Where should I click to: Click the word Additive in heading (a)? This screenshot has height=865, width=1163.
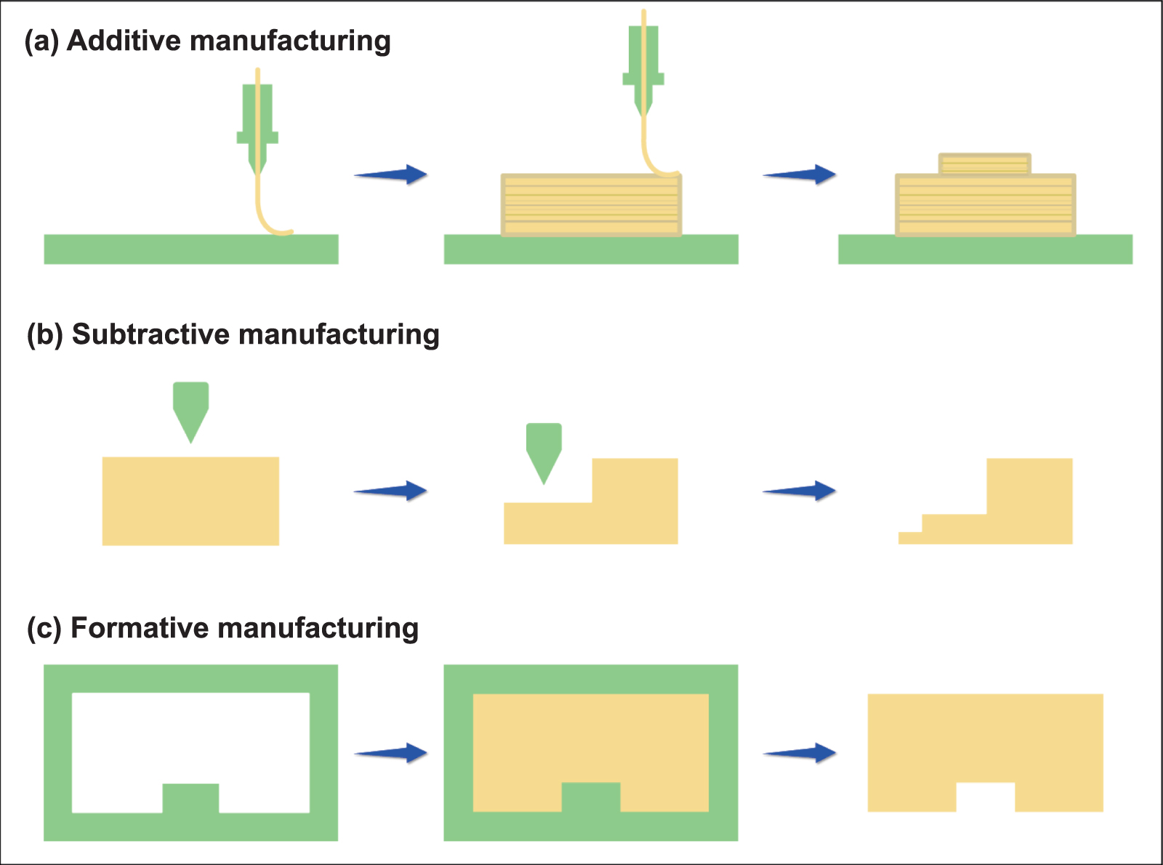click(x=123, y=41)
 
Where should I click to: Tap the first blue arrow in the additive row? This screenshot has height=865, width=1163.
click(x=390, y=174)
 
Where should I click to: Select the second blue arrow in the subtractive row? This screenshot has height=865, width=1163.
click(x=799, y=491)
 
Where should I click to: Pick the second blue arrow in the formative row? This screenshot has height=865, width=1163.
click(x=799, y=753)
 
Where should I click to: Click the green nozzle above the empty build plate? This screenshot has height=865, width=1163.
click(x=257, y=124)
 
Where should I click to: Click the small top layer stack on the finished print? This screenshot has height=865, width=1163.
click(x=985, y=164)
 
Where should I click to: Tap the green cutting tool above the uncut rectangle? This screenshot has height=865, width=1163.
click(x=191, y=407)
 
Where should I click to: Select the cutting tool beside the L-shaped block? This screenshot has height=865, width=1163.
click(x=544, y=448)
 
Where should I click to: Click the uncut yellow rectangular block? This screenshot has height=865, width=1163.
click(x=190, y=501)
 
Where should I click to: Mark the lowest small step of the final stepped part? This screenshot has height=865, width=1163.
click(x=909, y=538)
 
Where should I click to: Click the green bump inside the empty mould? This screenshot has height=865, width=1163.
click(x=190, y=798)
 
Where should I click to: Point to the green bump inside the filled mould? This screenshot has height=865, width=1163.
click(x=591, y=797)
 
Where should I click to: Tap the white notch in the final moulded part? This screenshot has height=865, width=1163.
click(x=985, y=797)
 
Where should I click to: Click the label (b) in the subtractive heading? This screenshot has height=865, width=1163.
click(x=45, y=335)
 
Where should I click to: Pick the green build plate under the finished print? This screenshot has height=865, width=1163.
click(x=985, y=249)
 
